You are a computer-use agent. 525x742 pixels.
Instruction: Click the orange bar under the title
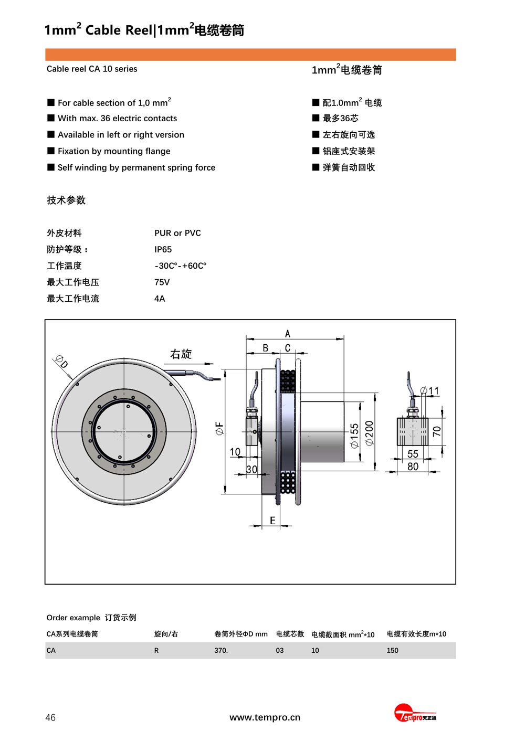tap(250, 55)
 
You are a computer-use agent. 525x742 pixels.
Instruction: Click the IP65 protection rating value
tap(163, 249)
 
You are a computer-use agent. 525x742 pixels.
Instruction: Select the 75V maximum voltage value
tap(162, 282)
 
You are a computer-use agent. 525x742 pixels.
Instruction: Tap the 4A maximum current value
tap(160, 299)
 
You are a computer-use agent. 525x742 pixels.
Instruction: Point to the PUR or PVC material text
tap(177, 233)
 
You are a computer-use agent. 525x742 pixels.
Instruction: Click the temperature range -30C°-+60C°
tap(180, 266)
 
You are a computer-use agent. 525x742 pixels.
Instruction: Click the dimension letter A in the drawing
tap(288, 334)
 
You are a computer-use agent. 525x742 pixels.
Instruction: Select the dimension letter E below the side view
tap(272, 521)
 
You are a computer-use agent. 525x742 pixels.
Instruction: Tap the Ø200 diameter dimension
tap(370, 433)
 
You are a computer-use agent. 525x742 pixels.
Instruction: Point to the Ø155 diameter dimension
tap(355, 436)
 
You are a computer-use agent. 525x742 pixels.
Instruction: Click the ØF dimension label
tap(219, 429)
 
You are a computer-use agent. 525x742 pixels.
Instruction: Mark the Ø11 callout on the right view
tap(430, 391)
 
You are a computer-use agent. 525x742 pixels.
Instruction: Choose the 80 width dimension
tap(413, 467)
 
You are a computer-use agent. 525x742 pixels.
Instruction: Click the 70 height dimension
tap(437, 431)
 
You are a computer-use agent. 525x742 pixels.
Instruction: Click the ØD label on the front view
tap(61, 362)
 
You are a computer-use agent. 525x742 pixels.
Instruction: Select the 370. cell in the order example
tap(221, 650)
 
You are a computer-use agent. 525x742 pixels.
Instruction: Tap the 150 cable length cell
tap(393, 650)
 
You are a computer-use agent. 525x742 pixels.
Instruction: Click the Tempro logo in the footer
tap(415, 715)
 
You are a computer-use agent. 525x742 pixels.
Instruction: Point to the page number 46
tap(50, 717)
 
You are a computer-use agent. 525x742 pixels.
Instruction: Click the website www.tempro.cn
tap(265, 717)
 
